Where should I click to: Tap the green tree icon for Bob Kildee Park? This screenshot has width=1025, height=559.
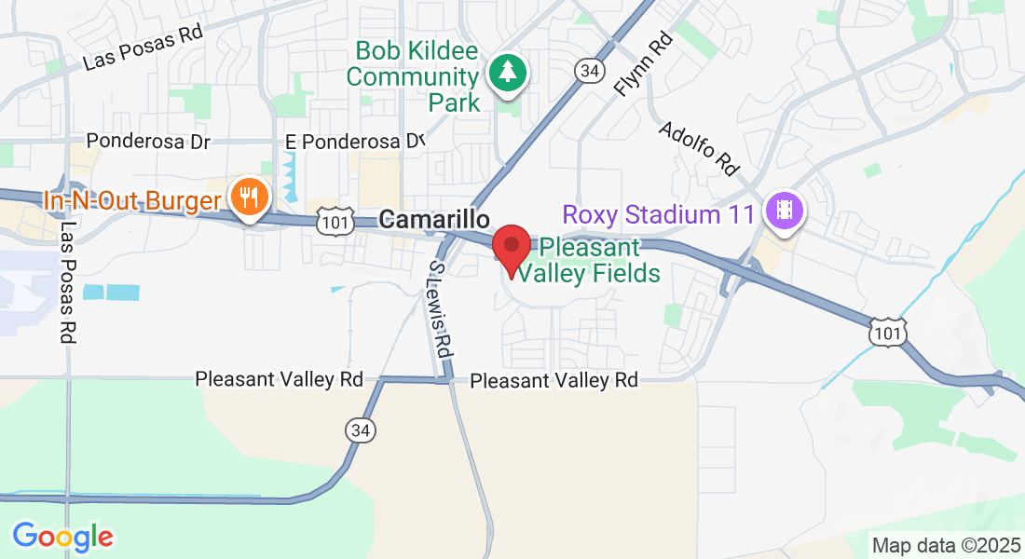click(508, 72)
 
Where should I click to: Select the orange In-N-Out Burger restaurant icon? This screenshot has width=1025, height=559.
click(249, 198)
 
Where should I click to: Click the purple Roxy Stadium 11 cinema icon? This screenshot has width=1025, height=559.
click(784, 211)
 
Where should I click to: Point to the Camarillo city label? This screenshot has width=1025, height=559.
click(435, 220)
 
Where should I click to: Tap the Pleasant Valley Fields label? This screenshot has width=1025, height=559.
click(589, 260)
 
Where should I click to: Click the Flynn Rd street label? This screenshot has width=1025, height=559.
click(644, 65)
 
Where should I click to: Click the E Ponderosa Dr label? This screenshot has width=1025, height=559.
click(355, 141)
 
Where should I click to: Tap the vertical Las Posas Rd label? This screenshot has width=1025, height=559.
click(66, 282)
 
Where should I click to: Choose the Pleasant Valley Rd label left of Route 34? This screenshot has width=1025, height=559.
click(279, 379)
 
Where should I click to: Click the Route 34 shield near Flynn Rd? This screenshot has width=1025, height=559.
click(588, 71)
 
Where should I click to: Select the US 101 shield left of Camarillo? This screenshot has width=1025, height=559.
click(332, 220)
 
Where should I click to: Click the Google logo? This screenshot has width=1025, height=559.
click(62, 537)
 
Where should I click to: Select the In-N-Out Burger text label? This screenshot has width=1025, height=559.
click(132, 200)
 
